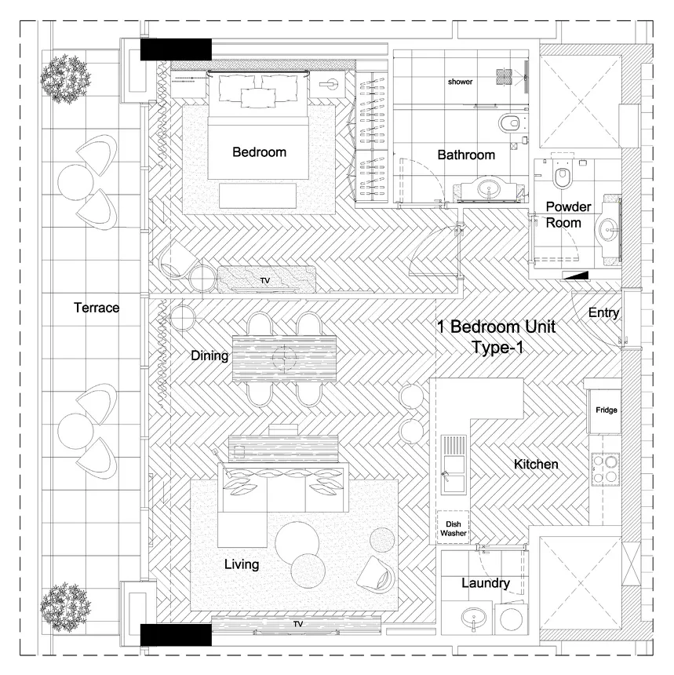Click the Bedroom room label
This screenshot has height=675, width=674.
(x=259, y=152)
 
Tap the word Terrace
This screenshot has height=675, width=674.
(x=97, y=308)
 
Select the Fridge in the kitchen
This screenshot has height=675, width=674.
(x=605, y=410)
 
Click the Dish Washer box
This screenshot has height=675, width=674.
(x=453, y=527)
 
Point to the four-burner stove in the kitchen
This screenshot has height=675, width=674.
(x=605, y=469)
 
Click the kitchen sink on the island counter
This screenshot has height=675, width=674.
(x=454, y=464)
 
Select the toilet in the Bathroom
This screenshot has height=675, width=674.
(x=511, y=123)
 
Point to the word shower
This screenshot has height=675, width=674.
(x=460, y=82)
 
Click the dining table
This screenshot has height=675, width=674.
(x=284, y=358)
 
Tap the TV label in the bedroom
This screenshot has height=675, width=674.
(x=265, y=281)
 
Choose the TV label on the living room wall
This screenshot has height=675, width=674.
(x=298, y=624)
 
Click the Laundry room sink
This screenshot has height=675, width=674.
(x=473, y=618)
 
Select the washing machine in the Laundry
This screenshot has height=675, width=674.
(x=512, y=618)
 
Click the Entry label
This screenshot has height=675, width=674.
(x=603, y=313)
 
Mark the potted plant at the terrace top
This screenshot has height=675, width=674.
(x=65, y=78)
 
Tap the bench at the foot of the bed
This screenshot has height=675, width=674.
(x=258, y=195)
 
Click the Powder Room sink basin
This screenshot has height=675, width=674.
(x=609, y=229)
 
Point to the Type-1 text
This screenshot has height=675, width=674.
(x=497, y=347)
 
